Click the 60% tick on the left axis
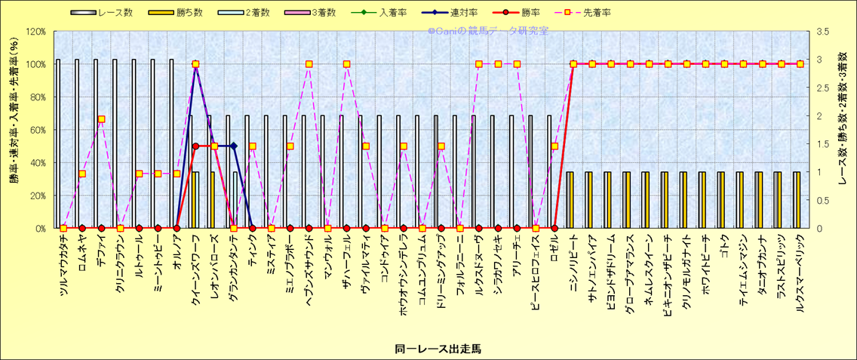37,130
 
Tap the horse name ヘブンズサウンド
309,272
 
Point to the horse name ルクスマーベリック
800,275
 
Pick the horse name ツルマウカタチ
63,269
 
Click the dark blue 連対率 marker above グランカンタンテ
233,146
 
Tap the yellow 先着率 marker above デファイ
101,119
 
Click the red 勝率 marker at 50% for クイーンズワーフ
195,146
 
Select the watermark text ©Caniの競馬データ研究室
488,32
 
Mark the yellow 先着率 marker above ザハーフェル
347,64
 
